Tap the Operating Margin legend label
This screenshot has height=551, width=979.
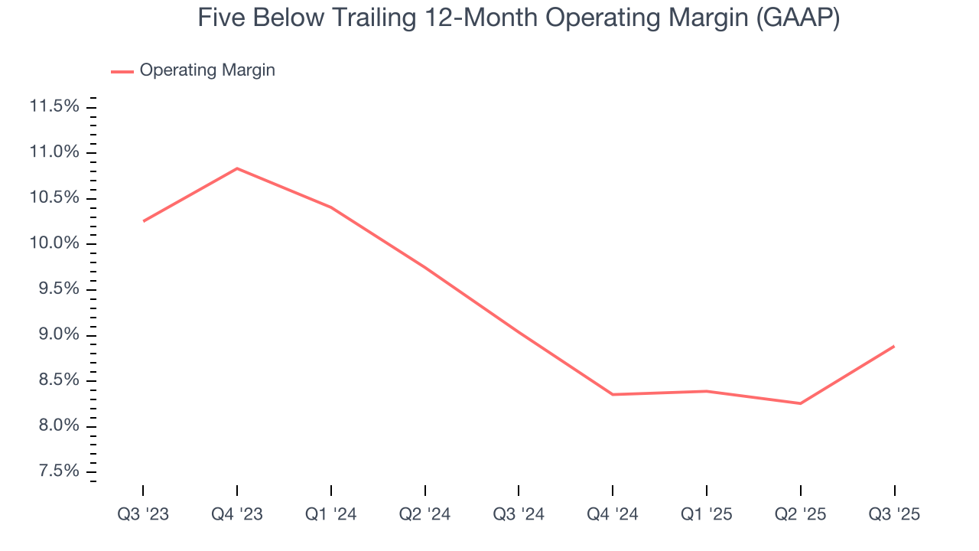point(207,70)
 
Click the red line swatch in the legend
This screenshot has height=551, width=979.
point(122,71)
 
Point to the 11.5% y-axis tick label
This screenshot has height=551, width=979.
point(54,106)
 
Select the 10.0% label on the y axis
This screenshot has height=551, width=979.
point(54,243)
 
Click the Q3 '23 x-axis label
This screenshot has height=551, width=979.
point(143,514)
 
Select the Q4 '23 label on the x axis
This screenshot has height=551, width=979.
point(237,514)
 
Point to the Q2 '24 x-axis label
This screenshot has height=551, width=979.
point(424,514)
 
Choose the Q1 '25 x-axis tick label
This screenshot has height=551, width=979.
point(706,514)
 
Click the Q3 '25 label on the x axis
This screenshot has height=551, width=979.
point(894,514)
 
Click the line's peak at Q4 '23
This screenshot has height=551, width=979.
point(237,168)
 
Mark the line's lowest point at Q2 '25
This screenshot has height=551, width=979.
point(800,403)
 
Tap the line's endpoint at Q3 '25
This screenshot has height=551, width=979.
point(894,346)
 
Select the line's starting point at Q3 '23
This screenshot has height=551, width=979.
point(143,221)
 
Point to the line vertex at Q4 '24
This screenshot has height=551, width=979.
point(613,394)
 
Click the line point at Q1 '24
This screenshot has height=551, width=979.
point(331,207)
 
